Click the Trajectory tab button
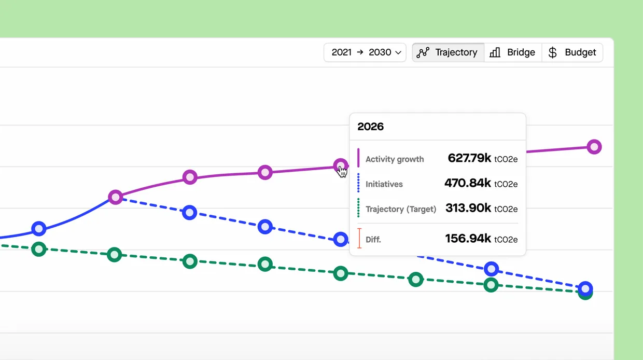click(x=449, y=52)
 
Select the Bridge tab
click(x=513, y=52)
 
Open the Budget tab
click(x=572, y=52)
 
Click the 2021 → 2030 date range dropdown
click(x=365, y=52)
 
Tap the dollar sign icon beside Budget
click(x=553, y=52)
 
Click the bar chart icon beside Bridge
click(x=495, y=52)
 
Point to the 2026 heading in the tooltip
click(x=371, y=127)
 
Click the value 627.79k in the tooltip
click(x=469, y=158)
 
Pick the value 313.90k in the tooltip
click(x=468, y=208)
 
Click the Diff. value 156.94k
click(x=468, y=239)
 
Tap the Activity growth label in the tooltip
click(x=395, y=159)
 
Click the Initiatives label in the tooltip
click(x=384, y=184)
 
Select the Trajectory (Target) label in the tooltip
click(x=401, y=209)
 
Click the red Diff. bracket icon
click(x=359, y=239)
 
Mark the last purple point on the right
click(x=594, y=147)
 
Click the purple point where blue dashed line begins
click(x=116, y=197)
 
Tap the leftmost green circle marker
click(x=39, y=249)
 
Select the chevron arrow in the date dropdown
click(x=398, y=53)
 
